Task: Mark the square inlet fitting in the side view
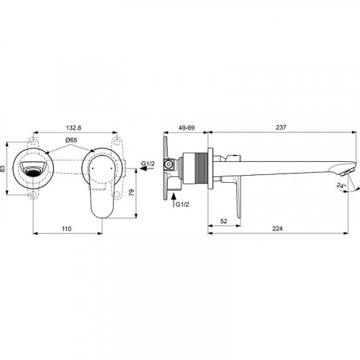point(168,165)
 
